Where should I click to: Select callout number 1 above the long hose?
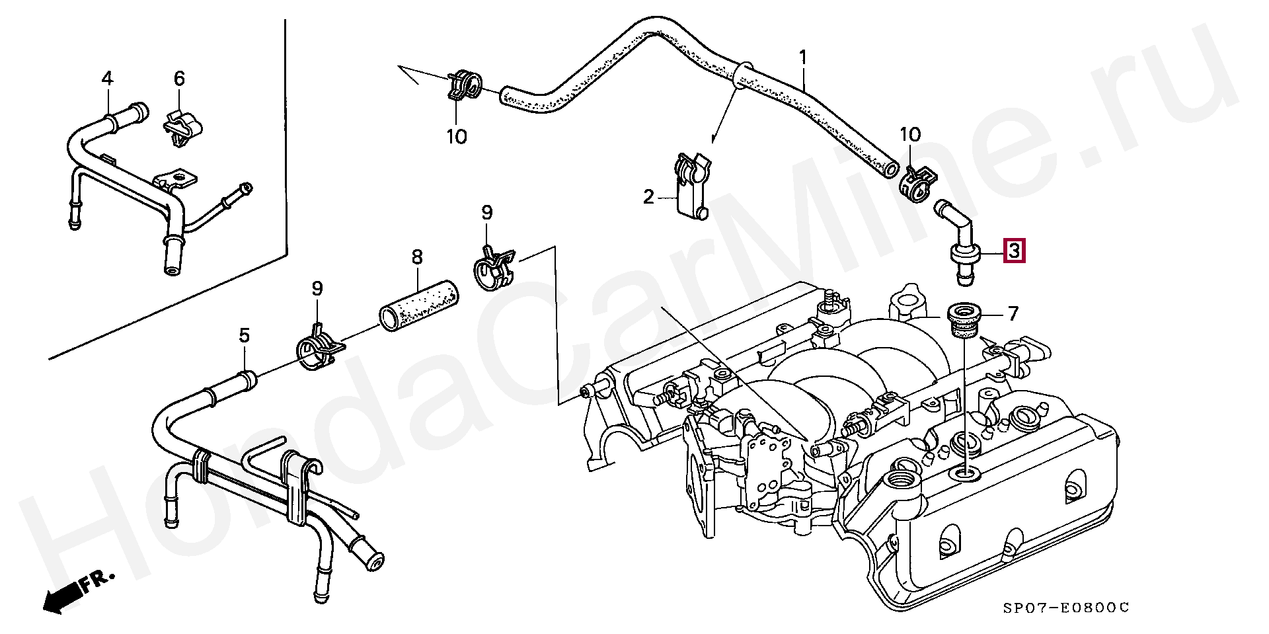tap(802, 58)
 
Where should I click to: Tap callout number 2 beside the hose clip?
tap(648, 196)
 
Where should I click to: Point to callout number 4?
tap(107, 79)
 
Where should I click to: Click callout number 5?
tap(245, 336)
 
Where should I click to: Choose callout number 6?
tap(179, 79)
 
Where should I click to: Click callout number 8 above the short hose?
tap(416, 257)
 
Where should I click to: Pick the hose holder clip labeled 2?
tap(690, 185)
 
